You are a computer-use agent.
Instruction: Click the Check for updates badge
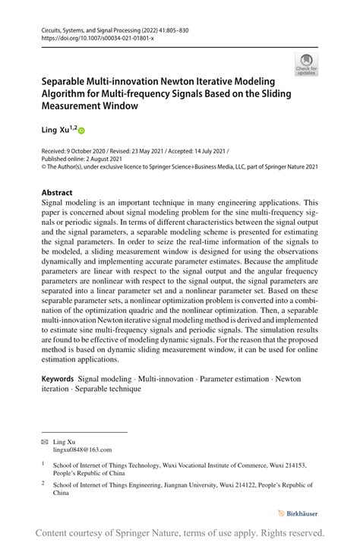tap(307, 65)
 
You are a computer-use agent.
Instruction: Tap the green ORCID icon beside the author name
tap(82, 131)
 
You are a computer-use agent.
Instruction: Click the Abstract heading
tap(57, 193)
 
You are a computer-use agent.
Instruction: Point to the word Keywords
tap(57, 378)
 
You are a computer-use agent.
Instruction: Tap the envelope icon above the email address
tap(44, 441)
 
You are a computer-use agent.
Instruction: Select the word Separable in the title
tap(68, 79)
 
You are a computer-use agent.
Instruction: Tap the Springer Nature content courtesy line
tap(180, 532)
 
